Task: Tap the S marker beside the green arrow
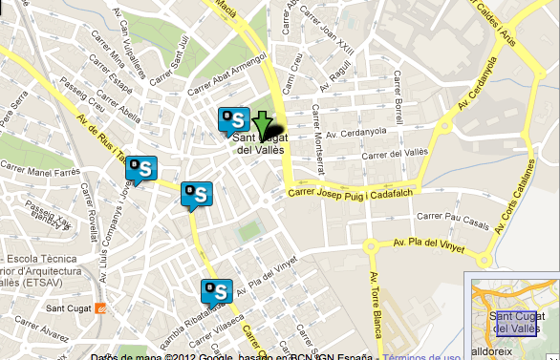(233, 120)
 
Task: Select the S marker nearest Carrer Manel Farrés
(141, 170)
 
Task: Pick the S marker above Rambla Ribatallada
(215, 291)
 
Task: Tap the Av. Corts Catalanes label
(524, 205)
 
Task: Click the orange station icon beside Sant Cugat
(102, 308)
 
